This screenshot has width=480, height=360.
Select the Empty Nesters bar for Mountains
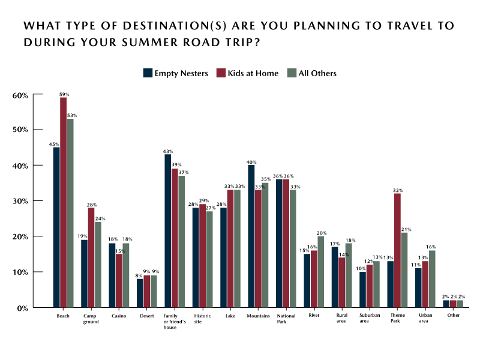click(x=251, y=236)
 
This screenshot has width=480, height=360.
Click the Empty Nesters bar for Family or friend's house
click(x=167, y=231)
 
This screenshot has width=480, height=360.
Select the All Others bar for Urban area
click(x=432, y=279)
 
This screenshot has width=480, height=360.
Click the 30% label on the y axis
click(x=20, y=201)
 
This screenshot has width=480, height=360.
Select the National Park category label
click(x=286, y=318)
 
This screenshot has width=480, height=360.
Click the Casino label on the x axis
click(x=118, y=315)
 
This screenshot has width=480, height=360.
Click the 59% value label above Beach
click(x=64, y=94)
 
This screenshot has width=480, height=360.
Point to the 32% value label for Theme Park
click(x=397, y=190)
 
